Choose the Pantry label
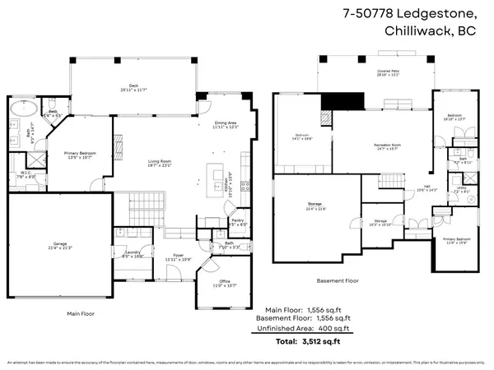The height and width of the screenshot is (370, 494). coord(237,222)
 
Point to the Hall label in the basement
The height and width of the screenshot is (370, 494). coord(427,187)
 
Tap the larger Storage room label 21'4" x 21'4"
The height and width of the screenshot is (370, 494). coord(316,206)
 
